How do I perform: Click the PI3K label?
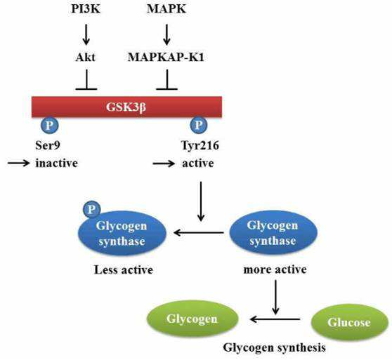[86, 9]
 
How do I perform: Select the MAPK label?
[166, 9]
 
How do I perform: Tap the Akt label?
[86, 57]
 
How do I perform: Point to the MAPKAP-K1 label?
[166, 57]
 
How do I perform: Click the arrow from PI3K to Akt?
[86, 34]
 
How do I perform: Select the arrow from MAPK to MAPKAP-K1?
[166, 34]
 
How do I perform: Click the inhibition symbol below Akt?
[86, 79]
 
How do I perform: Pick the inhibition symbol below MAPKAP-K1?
[167, 79]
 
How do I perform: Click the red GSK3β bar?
[126, 107]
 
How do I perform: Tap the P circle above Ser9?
[49, 125]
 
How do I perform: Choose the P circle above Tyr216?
[199, 125]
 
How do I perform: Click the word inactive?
[56, 164]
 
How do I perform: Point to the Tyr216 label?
[200, 145]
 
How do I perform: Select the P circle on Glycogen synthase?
[92, 209]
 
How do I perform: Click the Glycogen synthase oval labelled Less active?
[122, 233]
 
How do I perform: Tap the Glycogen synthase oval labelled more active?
[273, 233]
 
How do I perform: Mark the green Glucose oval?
[350, 322]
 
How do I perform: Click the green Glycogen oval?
[192, 319]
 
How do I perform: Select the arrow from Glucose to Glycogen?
[275, 319]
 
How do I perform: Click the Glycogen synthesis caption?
[274, 348]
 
